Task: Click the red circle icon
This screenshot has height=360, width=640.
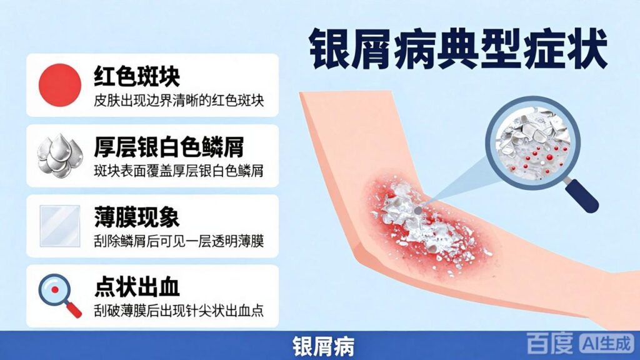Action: point(60,85)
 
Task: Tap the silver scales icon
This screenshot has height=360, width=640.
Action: point(60,156)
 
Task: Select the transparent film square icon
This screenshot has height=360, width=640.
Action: point(60,226)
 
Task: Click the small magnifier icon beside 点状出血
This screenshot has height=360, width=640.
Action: point(60,296)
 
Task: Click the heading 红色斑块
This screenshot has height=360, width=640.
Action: point(137,76)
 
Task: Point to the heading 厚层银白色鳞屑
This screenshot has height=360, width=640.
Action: point(169,146)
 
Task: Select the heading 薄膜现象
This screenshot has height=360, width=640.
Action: point(137,217)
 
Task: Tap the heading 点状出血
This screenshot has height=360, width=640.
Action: point(137,287)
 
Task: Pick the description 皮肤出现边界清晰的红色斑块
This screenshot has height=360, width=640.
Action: point(179,101)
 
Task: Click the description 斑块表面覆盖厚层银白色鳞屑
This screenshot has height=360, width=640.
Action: point(179,171)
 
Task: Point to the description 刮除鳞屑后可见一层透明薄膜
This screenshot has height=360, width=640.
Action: point(179,241)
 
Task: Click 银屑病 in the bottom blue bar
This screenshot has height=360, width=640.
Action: point(323,346)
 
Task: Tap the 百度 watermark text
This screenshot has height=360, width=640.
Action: point(549,343)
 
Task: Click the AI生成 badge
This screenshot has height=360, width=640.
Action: point(607,343)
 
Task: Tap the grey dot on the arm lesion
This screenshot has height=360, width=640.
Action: point(417,211)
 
